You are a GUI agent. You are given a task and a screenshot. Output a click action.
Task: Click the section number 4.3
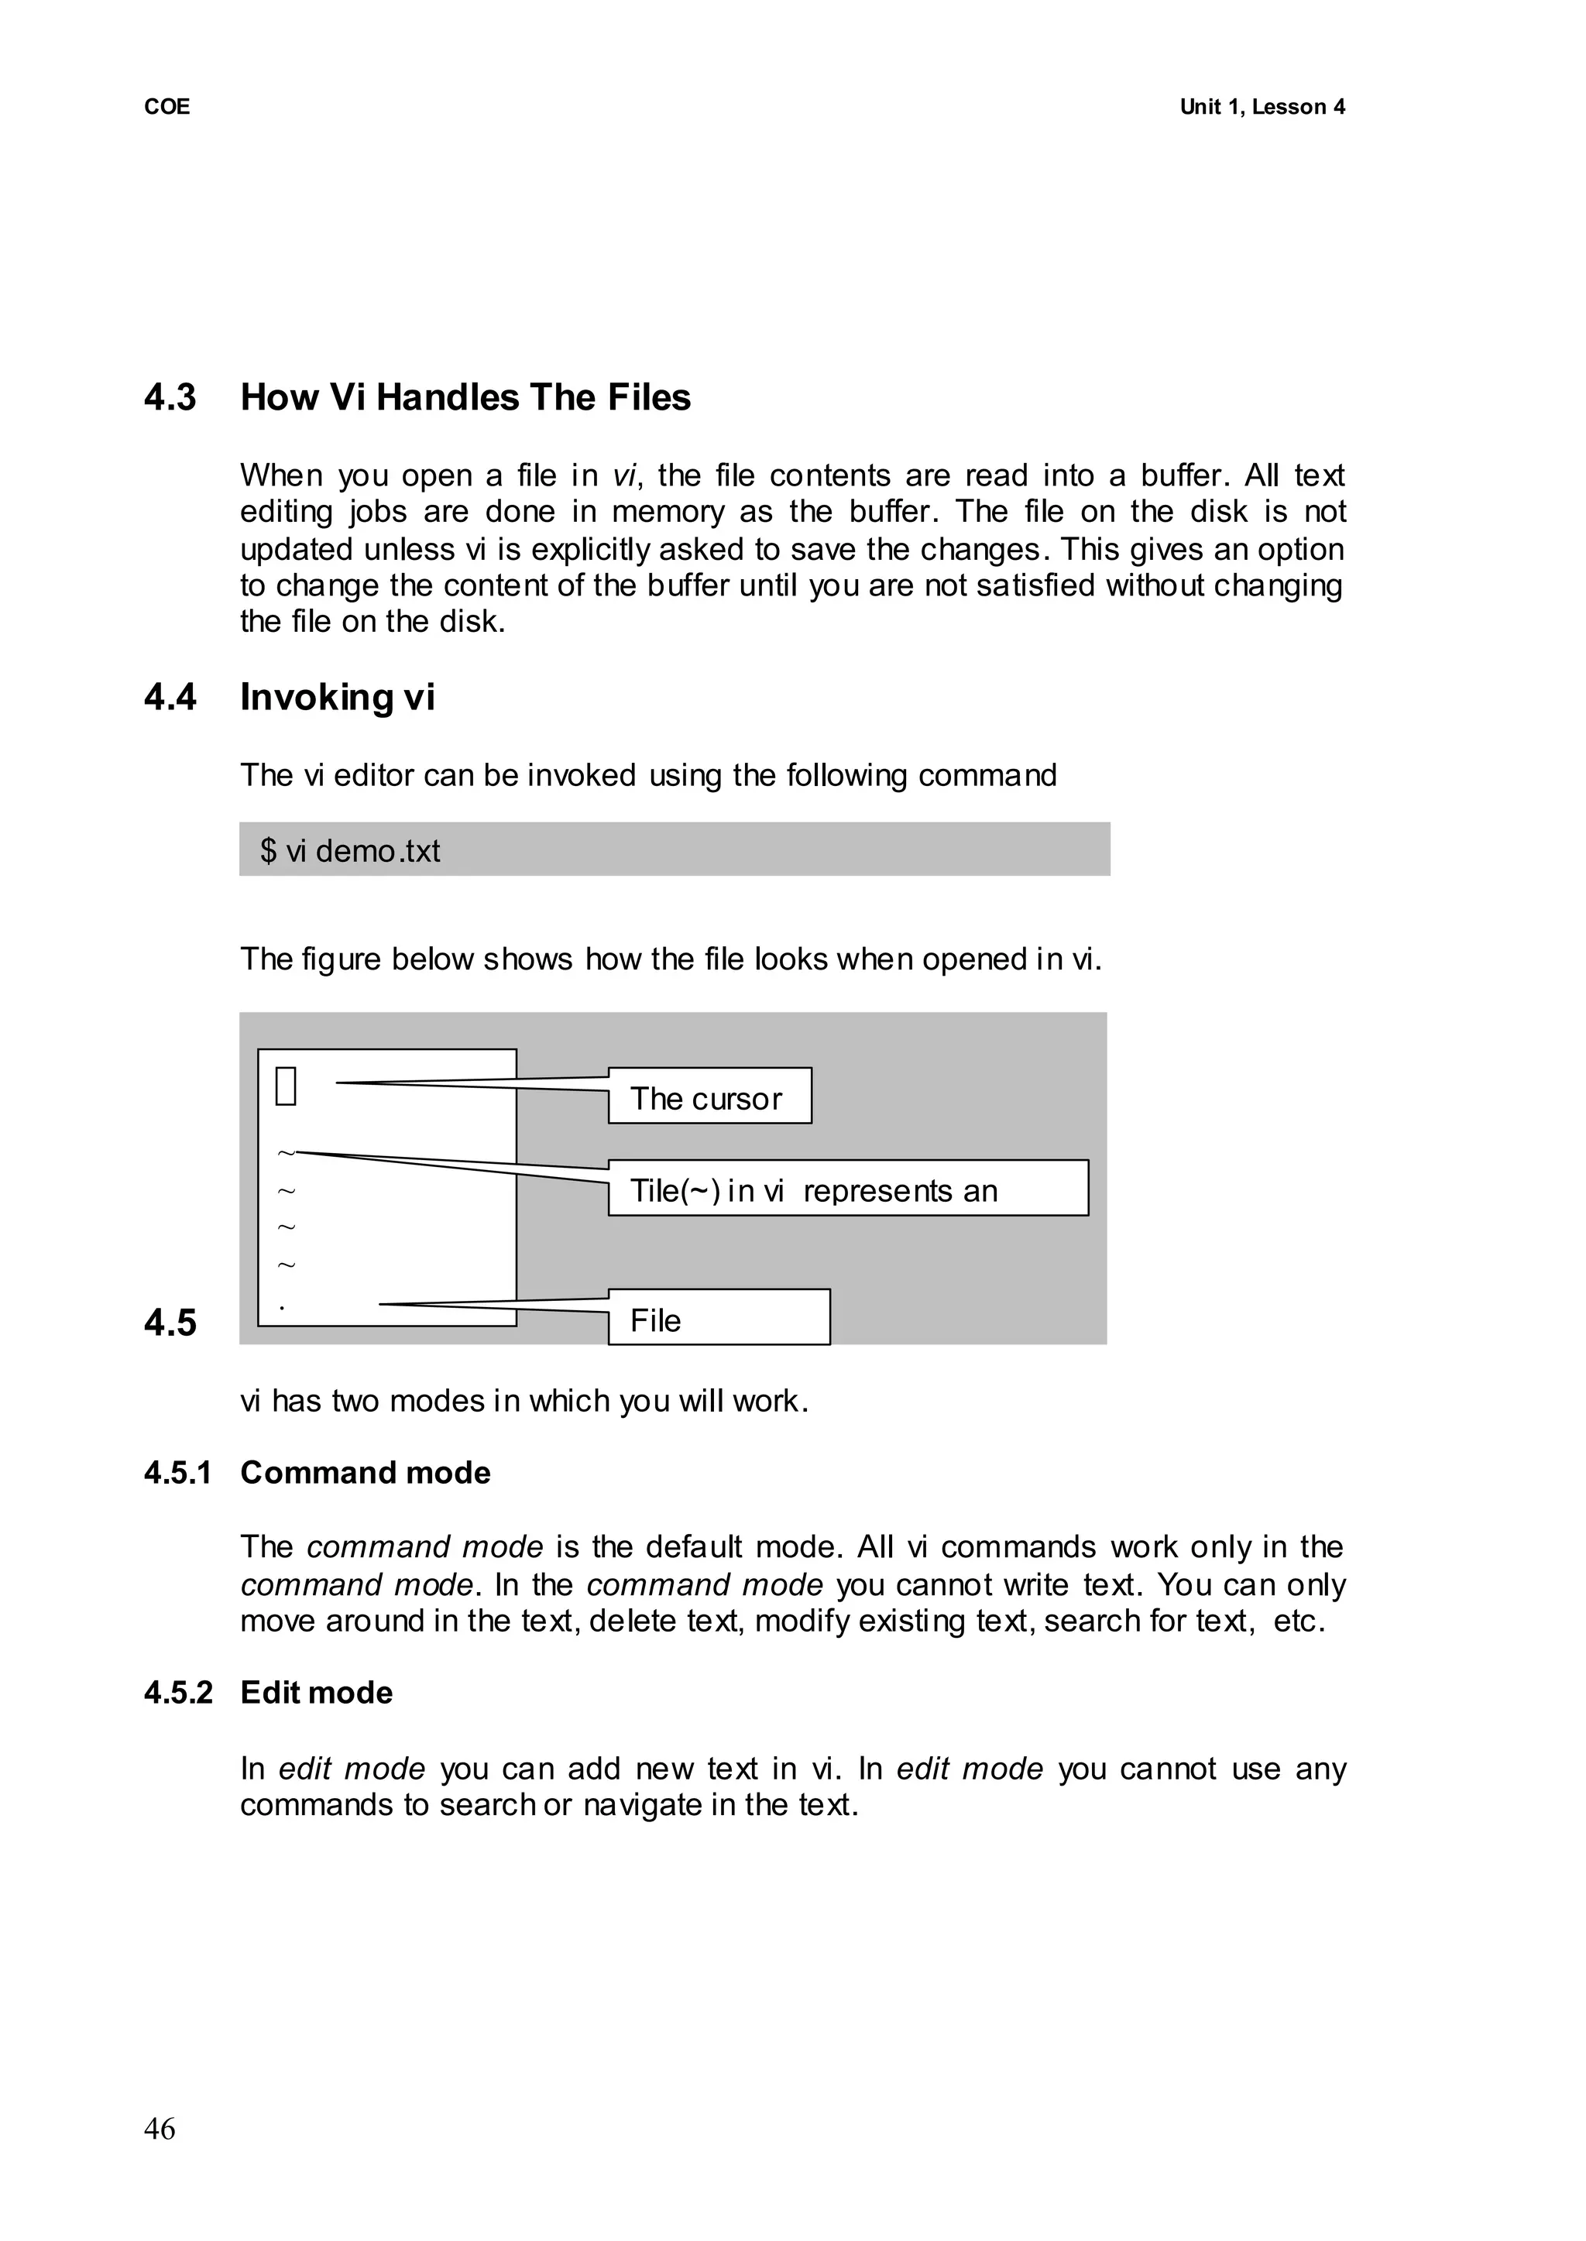click(170, 397)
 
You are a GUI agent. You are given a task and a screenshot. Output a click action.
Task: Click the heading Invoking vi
click(337, 697)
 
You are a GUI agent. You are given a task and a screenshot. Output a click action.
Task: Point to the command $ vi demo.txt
click(349, 850)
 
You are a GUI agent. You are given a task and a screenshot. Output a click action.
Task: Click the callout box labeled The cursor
click(709, 1096)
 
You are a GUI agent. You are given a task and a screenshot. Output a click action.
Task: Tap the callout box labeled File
click(719, 1317)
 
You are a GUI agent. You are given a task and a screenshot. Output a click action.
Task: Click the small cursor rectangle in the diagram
click(286, 1086)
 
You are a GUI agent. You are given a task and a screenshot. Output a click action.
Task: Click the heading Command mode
click(366, 1473)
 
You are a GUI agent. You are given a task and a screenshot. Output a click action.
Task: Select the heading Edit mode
click(317, 1692)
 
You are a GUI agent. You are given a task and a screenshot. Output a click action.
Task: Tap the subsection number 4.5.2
click(178, 1692)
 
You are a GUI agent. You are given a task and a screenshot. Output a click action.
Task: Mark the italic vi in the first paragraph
click(624, 476)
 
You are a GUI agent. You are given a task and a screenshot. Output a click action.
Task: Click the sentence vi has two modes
click(524, 1402)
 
